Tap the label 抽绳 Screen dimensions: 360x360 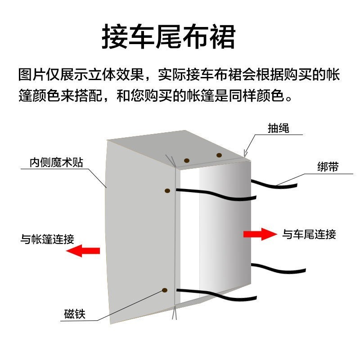point(279,128)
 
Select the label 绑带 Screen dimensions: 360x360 point(328,167)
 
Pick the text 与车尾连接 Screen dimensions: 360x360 point(309,234)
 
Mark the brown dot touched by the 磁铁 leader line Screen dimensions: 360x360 point(165,291)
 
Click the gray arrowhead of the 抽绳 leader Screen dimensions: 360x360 point(245,154)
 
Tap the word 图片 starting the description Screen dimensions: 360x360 point(29,74)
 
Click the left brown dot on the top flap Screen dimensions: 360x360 point(186,160)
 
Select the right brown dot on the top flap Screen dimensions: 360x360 point(219,155)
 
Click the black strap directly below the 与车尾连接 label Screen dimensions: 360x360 point(274,269)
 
